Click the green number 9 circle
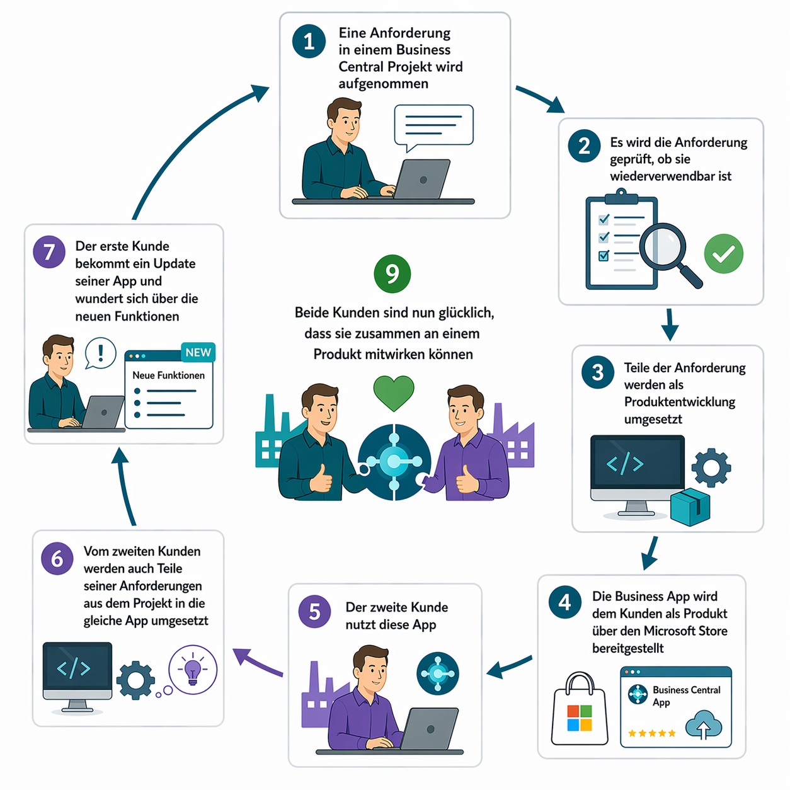tap(392, 274)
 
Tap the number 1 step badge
tap(309, 41)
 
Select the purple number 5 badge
tap(314, 612)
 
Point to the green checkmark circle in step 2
tap(723, 253)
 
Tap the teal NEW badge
tap(198, 352)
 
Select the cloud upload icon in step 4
tap(703, 725)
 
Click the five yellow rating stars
tap(651, 733)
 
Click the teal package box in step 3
tap(690, 507)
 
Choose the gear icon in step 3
tap(711, 467)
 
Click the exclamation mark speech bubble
tap(100, 353)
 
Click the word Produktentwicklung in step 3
tap(679, 402)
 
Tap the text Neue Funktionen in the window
tap(168, 375)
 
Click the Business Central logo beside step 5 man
tap(437, 673)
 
